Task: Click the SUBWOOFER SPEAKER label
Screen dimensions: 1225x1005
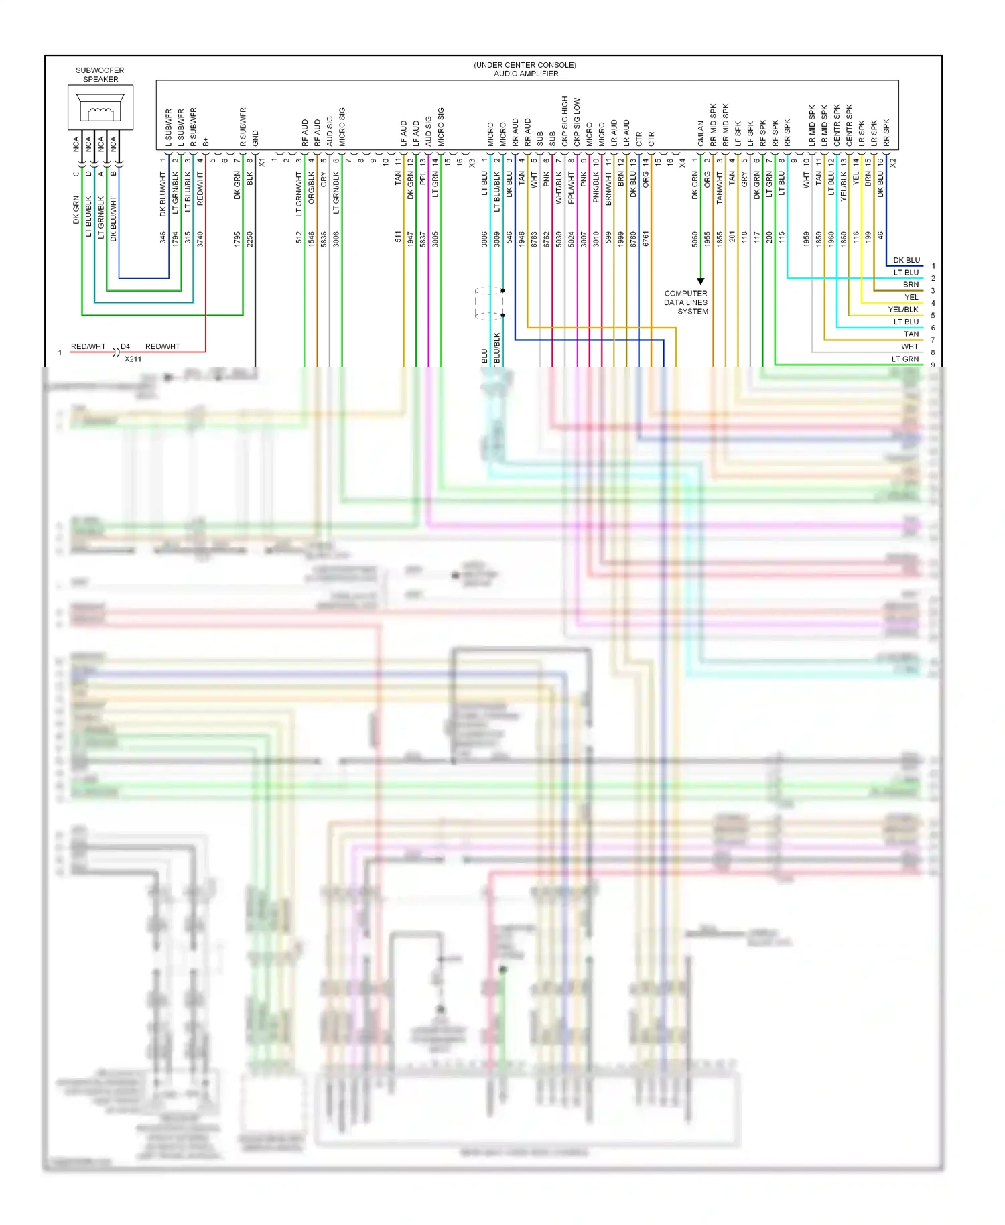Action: pos(100,74)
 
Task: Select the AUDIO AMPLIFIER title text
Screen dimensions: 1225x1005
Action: pos(525,74)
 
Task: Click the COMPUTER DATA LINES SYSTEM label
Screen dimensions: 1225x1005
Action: pos(686,302)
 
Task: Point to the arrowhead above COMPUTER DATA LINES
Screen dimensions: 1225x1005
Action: pos(701,281)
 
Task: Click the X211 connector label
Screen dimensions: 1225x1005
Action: pos(133,359)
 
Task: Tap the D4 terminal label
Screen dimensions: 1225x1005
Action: pos(125,346)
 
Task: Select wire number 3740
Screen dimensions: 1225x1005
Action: pos(200,239)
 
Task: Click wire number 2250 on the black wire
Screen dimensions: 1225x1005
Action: pos(250,239)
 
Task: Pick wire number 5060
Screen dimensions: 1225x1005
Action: pos(695,239)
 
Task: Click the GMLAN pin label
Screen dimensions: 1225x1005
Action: pos(701,133)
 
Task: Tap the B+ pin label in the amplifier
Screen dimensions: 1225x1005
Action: pos(206,141)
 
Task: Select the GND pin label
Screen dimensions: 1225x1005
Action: pos(255,138)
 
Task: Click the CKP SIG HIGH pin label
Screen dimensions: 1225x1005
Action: pos(565,121)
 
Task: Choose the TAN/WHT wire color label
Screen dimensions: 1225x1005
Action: pos(720,188)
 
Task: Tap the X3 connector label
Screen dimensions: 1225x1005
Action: pos(472,163)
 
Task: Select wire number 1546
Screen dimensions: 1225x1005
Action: pos(312,239)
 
